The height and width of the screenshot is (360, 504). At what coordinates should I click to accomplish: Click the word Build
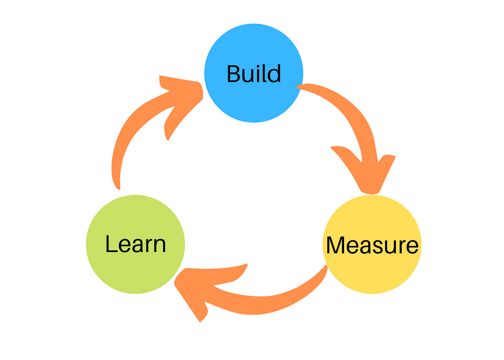pyautogui.click(x=254, y=74)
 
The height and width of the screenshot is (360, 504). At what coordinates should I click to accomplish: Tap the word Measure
pyautogui.click(x=372, y=245)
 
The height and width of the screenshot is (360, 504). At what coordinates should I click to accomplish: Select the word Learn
pyautogui.click(x=135, y=244)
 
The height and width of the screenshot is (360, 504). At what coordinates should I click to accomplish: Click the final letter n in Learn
pyautogui.click(x=159, y=245)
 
